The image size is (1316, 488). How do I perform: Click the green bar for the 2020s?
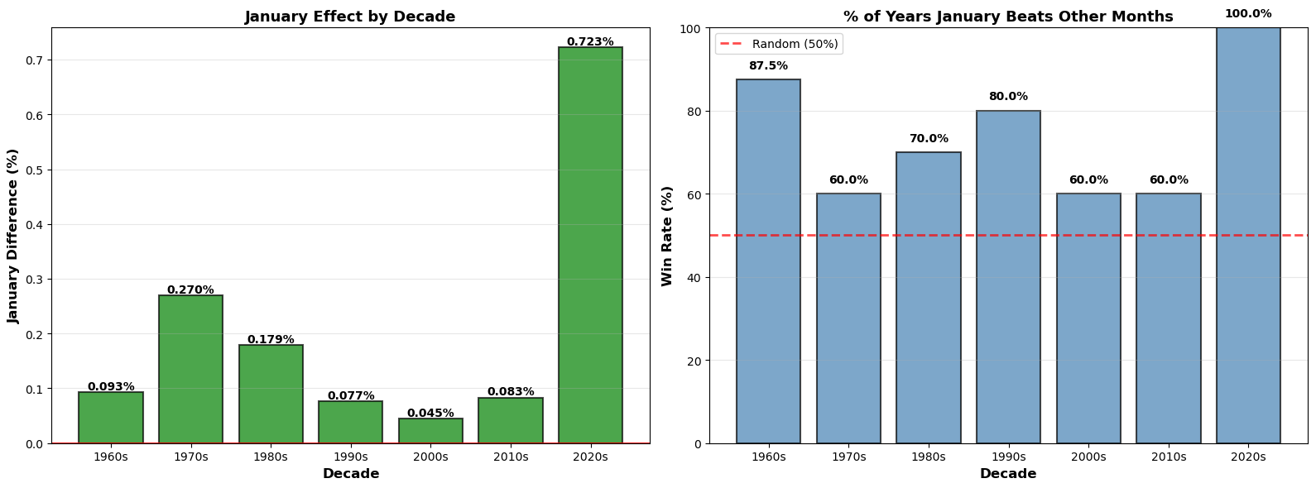coord(590,245)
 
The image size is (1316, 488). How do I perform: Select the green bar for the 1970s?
coord(190,369)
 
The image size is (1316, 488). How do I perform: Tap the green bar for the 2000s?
coord(430,431)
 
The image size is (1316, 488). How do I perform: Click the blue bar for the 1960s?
coord(768,261)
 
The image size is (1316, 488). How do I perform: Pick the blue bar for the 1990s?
coord(1008,277)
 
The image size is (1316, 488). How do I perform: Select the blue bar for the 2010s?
coord(1168,318)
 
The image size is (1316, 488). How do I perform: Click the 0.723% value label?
coord(590,41)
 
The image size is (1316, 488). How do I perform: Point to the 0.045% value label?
coord(430,413)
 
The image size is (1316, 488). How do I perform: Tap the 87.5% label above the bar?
coord(768,66)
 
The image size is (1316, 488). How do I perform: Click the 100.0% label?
coord(1248,14)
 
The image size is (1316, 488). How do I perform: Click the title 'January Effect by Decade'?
coord(350,17)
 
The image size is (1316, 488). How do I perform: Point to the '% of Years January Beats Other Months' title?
coord(1008,17)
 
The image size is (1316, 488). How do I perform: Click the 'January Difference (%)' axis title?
coord(13,236)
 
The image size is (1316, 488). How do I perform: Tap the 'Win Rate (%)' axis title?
coord(667,236)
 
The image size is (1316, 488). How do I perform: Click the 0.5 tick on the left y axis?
coord(36,170)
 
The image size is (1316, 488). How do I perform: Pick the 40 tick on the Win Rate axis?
coord(694,278)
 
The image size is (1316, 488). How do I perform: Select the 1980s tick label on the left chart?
coord(271,457)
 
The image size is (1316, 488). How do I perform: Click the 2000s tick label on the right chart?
coord(1088,457)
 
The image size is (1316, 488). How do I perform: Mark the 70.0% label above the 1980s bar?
coord(929,139)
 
